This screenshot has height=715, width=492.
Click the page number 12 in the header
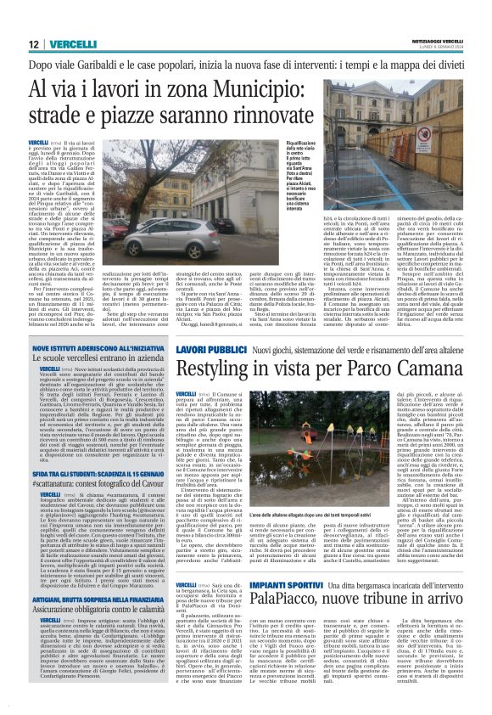pos(32,43)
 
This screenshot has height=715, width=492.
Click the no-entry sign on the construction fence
pos(423,137)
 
